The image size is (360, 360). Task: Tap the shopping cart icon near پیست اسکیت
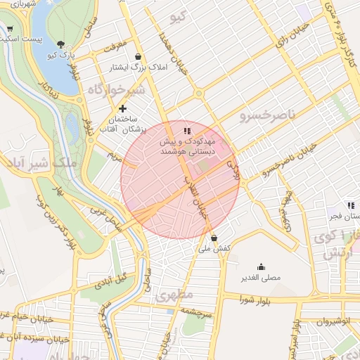point(8,30)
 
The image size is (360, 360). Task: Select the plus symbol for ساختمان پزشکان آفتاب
point(123,108)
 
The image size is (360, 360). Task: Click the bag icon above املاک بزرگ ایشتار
point(137,56)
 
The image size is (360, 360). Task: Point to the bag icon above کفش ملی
point(214,238)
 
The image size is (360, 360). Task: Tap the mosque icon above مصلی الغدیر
point(261,266)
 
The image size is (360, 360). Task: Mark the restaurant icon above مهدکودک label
point(186,130)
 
